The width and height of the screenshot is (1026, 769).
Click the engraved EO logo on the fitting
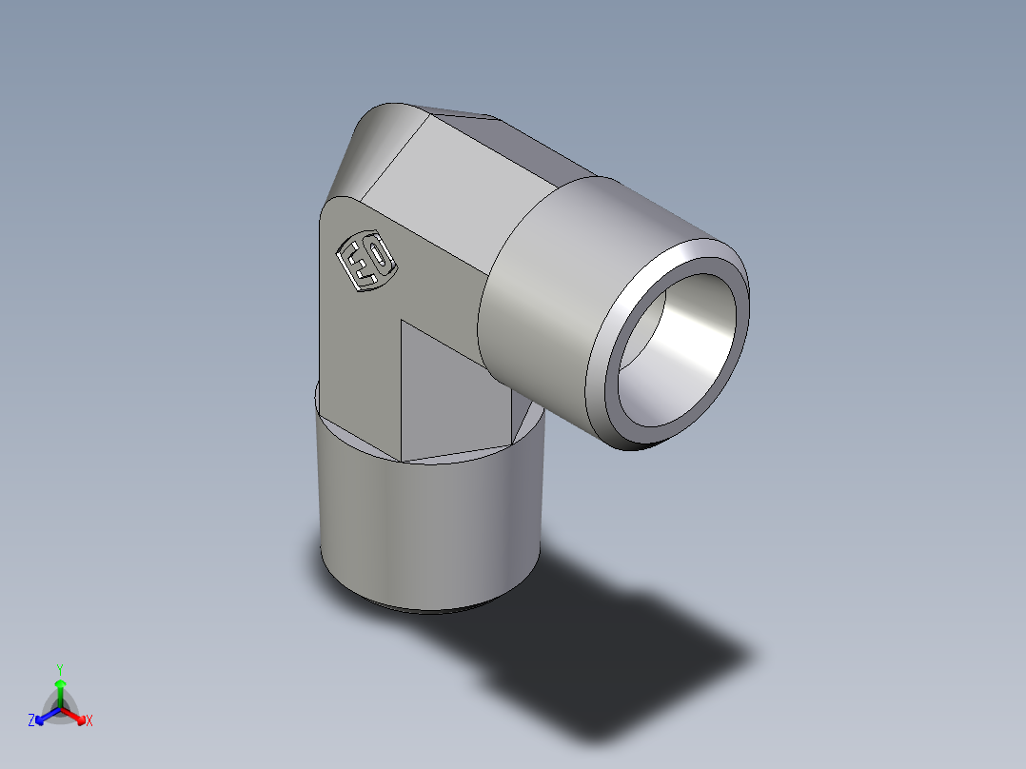(x=366, y=262)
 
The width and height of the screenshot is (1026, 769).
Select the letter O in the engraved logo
(x=378, y=255)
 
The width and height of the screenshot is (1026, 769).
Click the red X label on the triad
(x=89, y=721)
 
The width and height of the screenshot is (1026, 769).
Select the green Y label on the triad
(x=59, y=668)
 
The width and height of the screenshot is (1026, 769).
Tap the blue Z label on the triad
(x=31, y=721)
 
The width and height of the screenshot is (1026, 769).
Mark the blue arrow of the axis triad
(x=44, y=716)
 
